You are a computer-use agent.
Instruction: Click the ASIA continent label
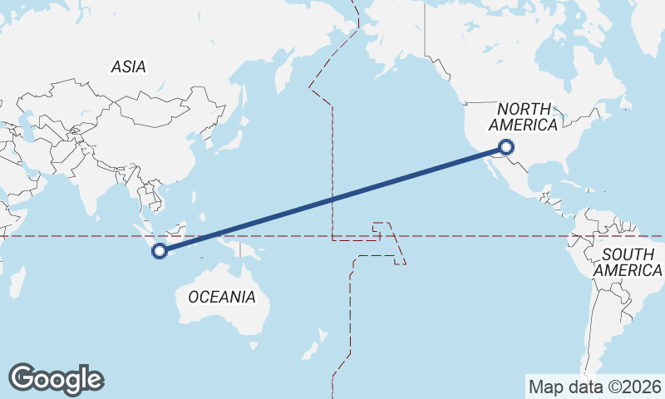pos(128,67)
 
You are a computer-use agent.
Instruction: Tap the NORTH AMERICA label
pos(523,117)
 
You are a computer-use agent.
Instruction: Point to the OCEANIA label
pos(221,297)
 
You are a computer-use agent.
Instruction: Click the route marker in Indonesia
pos(160,249)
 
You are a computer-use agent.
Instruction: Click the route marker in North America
pos(506,148)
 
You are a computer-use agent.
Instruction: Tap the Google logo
pos(56,379)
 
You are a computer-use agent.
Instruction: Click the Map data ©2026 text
pos(595,387)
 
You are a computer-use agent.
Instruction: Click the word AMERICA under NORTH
pos(523,125)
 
